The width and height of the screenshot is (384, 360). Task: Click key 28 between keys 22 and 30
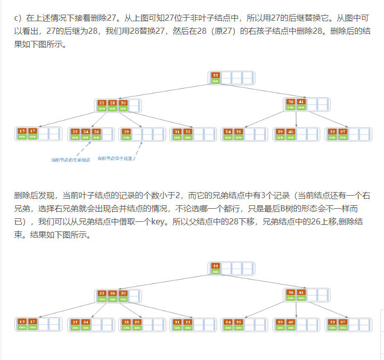point(112,102)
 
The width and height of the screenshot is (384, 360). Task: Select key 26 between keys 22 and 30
point(112,293)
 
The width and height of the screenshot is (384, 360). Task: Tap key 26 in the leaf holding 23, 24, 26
point(96,132)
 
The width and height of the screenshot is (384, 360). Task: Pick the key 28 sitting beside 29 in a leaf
point(126,322)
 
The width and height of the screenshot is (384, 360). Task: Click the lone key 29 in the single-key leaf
point(126,132)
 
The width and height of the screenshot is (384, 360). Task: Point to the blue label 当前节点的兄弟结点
point(71,160)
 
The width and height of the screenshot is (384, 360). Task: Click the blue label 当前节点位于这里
point(115,158)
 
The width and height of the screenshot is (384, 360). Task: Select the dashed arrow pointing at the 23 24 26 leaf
point(83,149)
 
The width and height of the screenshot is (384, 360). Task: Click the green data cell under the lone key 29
point(126,137)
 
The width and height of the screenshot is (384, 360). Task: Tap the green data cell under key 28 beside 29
point(126,327)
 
